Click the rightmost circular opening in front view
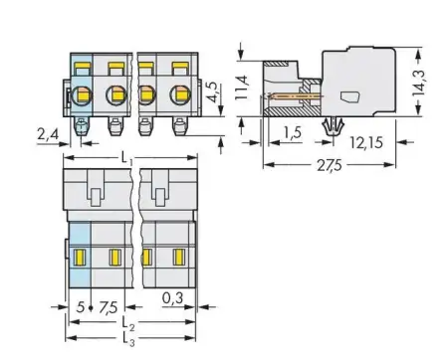[x=182, y=97]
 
